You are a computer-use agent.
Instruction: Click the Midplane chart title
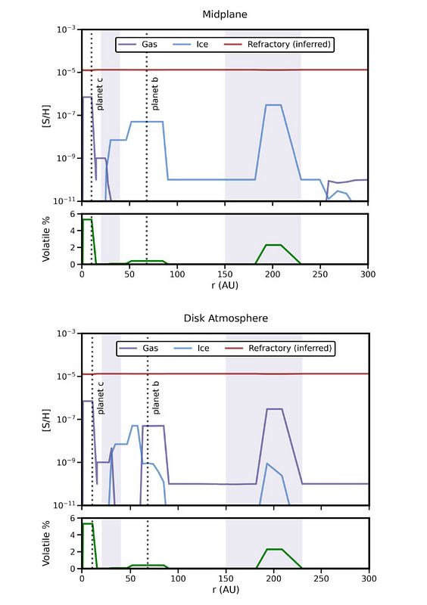pos(225,14)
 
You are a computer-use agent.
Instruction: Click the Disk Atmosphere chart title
pos(226,318)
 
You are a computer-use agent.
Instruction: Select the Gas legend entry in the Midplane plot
pos(138,45)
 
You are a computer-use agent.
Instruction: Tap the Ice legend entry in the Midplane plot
pos(191,45)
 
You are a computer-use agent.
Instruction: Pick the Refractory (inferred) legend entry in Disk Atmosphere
pos(278,349)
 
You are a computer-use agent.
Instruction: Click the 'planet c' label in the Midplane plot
pos(100,94)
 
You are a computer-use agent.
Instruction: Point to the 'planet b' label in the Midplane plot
pos(155,94)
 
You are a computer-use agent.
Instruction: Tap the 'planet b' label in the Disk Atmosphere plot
pos(156,398)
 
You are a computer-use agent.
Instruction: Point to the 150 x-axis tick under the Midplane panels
pos(225,275)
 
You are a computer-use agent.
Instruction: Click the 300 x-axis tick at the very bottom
pos(369,579)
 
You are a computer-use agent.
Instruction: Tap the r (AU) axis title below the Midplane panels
pos(225,286)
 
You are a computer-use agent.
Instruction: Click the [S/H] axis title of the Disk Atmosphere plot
pos(46,420)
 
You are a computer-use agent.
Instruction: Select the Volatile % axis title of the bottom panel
pos(46,544)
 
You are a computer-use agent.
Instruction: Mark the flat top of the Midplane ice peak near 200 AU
pos(273,104)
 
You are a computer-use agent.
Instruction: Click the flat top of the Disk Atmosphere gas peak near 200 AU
pos(274,409)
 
